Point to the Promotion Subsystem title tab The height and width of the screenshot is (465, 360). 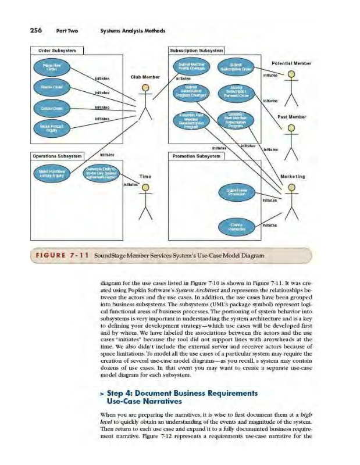[x=195, y=156]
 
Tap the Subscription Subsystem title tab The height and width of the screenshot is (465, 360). [x=197, y=49]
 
